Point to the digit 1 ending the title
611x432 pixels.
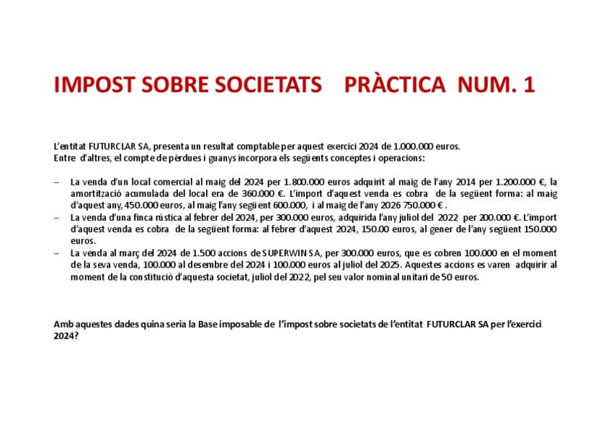point(530,85)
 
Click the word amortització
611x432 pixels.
point(94,193)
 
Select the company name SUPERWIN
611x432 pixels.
point(287,253)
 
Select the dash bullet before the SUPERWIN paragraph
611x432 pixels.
point(57,253)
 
